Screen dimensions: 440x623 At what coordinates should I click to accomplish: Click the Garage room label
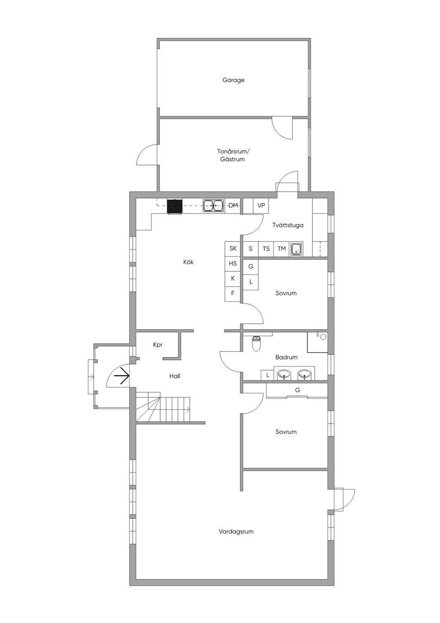tap(233, 80)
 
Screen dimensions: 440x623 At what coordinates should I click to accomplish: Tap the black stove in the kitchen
tap(175, 206)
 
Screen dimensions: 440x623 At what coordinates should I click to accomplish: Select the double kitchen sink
tap(214, 206)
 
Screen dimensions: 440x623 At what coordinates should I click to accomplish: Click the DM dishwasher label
tap(233, 206)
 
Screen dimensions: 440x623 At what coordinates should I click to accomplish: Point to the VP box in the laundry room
tap(261, 206)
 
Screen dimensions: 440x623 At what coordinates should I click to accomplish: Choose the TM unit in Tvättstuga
tap(281, 249)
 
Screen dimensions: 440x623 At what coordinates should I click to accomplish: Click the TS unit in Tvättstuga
tap(266, 249)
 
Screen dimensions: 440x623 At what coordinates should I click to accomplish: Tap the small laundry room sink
tap(296, 249)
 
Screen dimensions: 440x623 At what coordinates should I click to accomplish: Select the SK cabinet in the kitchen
tap(232, 249)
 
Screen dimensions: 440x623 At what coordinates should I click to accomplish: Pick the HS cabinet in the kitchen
tap(232, 264)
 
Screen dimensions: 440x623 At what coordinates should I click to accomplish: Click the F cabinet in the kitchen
tap(232, 293)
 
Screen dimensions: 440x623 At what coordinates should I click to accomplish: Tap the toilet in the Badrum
tap(256, 343)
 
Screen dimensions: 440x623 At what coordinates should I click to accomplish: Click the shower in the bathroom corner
tap(318, 342)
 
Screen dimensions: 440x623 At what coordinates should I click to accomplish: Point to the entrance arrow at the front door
tap(122, 376)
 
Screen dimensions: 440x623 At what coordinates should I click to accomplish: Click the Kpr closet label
tap(158, 345)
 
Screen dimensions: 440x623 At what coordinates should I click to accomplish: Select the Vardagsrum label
tap(236, 531)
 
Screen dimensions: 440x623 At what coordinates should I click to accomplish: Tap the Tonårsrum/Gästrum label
tap(233, 155)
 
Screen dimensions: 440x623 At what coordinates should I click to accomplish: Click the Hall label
tap(175, 376)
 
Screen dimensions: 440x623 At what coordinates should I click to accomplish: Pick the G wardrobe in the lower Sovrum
tap(297, 390)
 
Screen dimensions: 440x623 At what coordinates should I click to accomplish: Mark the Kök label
tap(188, 262)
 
